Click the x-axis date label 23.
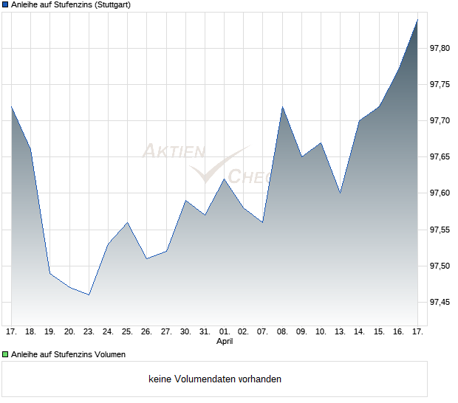pyautogui.click(x=89, y=331)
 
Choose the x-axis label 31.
pyautogui.click(x=205, y=331)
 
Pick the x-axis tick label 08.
pyautogui.click(x=282, y=331)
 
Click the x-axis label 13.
pyautogui.click(x=340, y=331)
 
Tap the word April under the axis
pyautogui.click(x=225, y=342)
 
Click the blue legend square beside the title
pyautogui.click(x=5, y=5)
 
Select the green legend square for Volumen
pyautogui.click(x=5, y=354)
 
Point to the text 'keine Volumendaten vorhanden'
pyautogui.click(x=215, y=379)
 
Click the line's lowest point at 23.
pyautogui.click(x=89, y=294)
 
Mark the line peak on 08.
pyautogui.click(x=282, y=107)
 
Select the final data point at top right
pyautogui.click(x=417, y=19)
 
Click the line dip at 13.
pyautogui.click(x=340, y=193)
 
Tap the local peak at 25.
pyautogui.click(x=128, y=222)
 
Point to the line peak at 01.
pyautogui.click(x=225, y=179)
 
